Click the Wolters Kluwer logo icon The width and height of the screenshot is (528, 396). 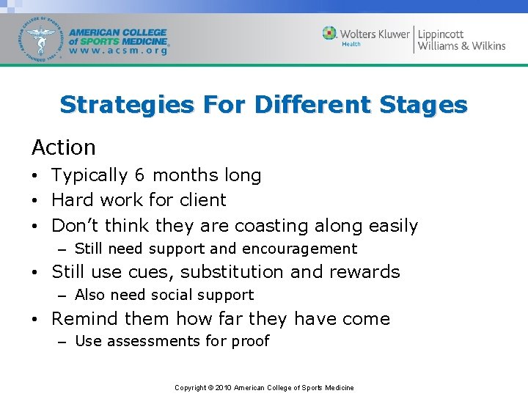[330, 34]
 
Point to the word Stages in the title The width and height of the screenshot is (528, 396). [423, 105]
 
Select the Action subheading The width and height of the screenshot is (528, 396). [64, 147]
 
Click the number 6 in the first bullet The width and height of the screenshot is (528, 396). [139, 175]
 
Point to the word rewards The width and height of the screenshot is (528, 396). [364, 272]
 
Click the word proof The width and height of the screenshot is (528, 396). [251, 341]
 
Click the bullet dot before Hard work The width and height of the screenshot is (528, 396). [36, 200]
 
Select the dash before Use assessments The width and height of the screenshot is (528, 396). [63, 341]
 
